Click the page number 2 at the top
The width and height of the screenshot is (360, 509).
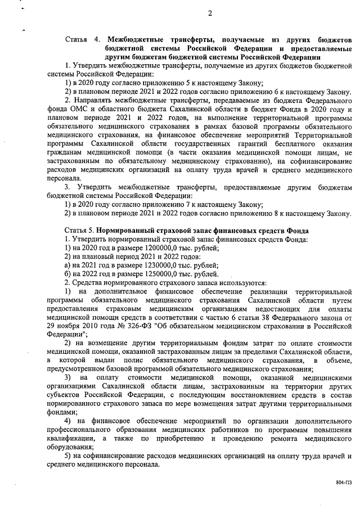(x=209, y=13)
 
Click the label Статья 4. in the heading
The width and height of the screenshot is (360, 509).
(x=83, y=40)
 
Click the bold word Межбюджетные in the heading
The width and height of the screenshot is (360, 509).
(x=137, y=40)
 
